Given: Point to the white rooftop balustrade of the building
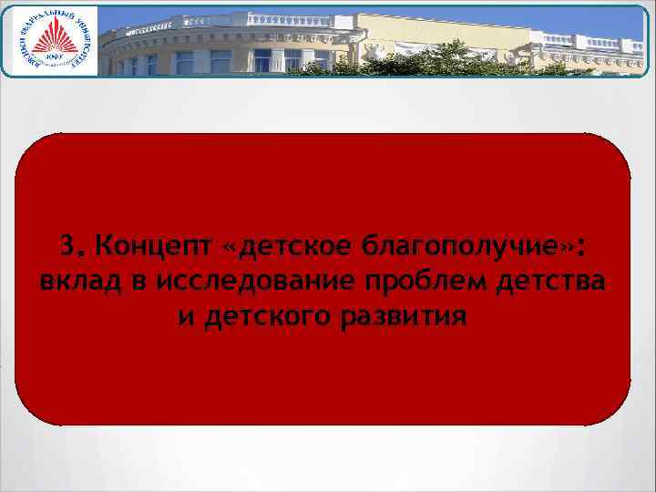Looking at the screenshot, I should (273, 20).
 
